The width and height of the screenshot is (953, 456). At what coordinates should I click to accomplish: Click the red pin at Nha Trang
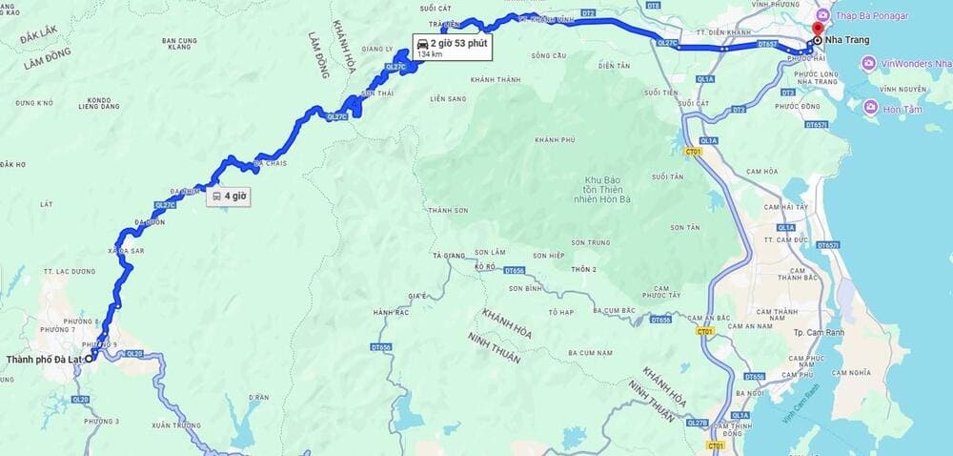(x=819, y=28)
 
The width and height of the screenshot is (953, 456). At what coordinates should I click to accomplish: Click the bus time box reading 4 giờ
(x=229, y=197)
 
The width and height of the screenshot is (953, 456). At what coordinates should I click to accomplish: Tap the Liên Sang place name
(x=448, y=99)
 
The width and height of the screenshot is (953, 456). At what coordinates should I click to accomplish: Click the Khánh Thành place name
(x=495, y=79)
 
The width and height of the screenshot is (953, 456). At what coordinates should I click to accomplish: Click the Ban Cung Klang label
(x=179, y=45)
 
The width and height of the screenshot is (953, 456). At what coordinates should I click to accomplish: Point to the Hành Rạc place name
(x=391, y=313)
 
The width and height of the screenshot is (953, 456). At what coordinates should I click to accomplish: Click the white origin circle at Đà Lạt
(x=90, y=359)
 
